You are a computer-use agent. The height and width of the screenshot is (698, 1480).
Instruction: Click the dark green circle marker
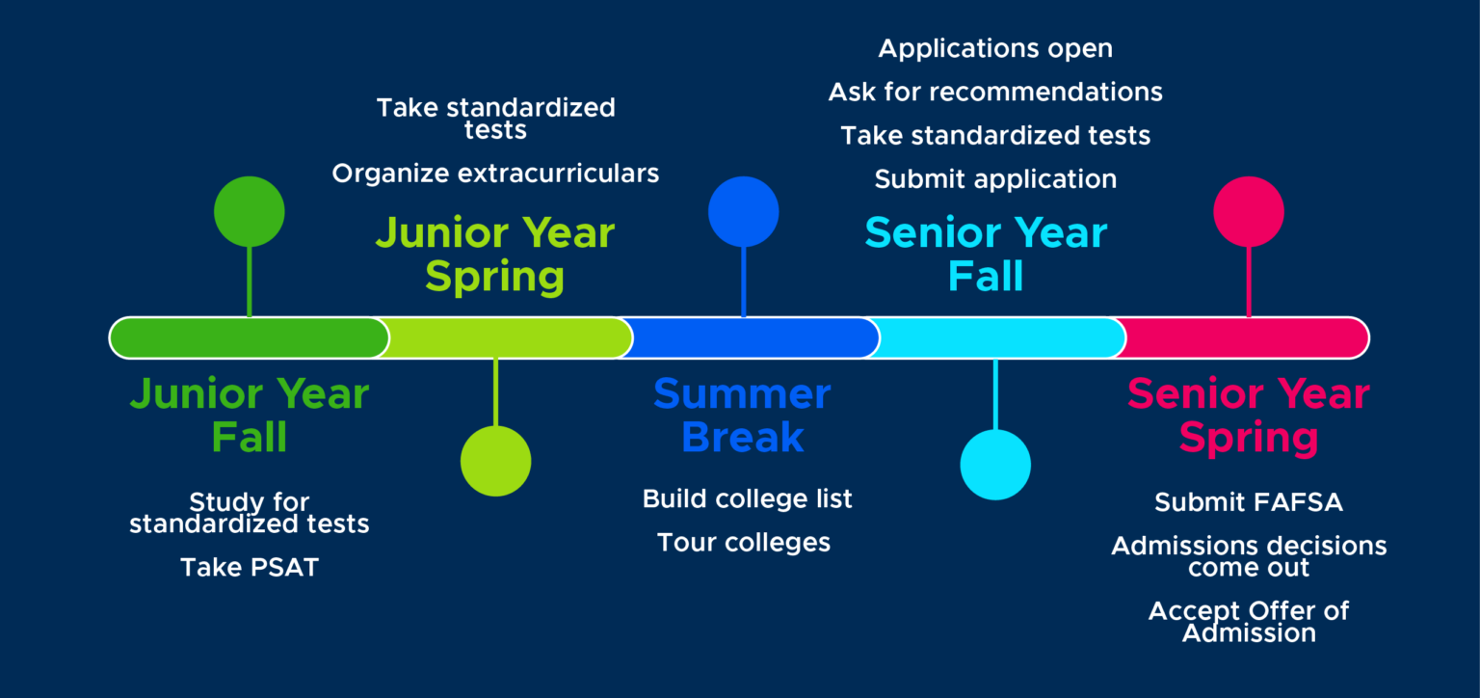(x=250, y=211)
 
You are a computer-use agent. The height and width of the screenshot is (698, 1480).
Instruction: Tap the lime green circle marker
(x=495, y=461)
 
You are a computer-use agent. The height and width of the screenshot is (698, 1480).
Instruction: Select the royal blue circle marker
(x=743, y=211)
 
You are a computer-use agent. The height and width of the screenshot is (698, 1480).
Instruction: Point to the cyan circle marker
(x=995, y=465)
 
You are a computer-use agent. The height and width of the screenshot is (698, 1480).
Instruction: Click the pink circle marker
(x=1249, y=211)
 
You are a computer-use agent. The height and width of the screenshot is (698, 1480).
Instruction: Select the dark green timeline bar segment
(x=249, y=337)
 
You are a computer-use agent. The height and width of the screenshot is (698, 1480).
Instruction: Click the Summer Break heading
(x=742, y=416)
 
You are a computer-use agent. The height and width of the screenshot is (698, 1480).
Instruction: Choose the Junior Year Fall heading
(x=250, y=416)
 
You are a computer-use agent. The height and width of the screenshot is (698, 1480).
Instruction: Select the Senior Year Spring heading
(x=1249, y=416)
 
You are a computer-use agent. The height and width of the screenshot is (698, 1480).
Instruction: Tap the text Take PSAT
(x=250, y=568)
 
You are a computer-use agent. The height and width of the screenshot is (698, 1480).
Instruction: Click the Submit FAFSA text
(x=1249, y=502)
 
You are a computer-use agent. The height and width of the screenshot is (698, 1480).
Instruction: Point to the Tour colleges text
(x=743, y=543)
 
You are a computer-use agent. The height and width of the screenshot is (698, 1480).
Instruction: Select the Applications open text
(x=995, y=48)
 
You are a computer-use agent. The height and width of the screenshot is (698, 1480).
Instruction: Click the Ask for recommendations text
(x=995, y=92)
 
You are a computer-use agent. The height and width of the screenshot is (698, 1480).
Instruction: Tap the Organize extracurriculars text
(x=495, y=174)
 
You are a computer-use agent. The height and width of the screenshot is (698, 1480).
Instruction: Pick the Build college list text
(x=747, y=499)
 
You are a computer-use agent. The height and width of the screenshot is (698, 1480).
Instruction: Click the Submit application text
(x=995, y=179)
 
